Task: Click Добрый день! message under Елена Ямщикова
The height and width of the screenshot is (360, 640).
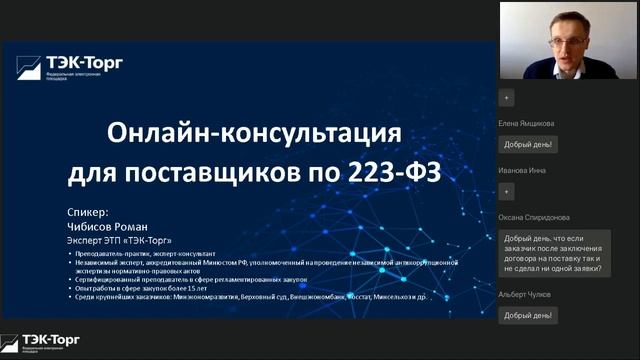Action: [529, 144]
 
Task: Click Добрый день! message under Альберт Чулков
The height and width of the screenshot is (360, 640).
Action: [529, 315]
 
